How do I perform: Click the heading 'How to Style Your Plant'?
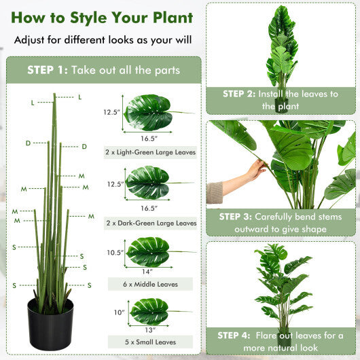point(102,18)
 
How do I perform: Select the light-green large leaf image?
point(149,112)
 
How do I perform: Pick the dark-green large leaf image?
point(149,182)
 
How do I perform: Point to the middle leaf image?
point(149,251)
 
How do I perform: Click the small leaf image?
point(149,311)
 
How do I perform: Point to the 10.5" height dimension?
point(113,253)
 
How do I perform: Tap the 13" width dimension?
point(149,329)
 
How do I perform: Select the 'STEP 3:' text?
point(236,217)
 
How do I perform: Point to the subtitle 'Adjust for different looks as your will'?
point(102,40)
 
